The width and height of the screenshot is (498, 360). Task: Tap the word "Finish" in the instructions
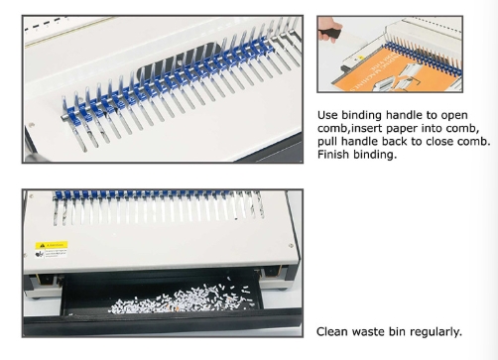click(333, 154)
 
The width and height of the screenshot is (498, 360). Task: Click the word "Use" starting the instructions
click(328, 115)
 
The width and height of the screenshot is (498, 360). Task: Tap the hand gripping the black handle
click(329, 29)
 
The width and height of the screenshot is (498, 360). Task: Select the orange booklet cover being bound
click(393, 70)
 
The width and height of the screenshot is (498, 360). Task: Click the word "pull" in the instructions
click(327, 141)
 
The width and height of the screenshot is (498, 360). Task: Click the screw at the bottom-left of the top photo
click(32, 125)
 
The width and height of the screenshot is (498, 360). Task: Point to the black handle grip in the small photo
click(329, 34)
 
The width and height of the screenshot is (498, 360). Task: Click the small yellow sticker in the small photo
click(361, 58)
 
